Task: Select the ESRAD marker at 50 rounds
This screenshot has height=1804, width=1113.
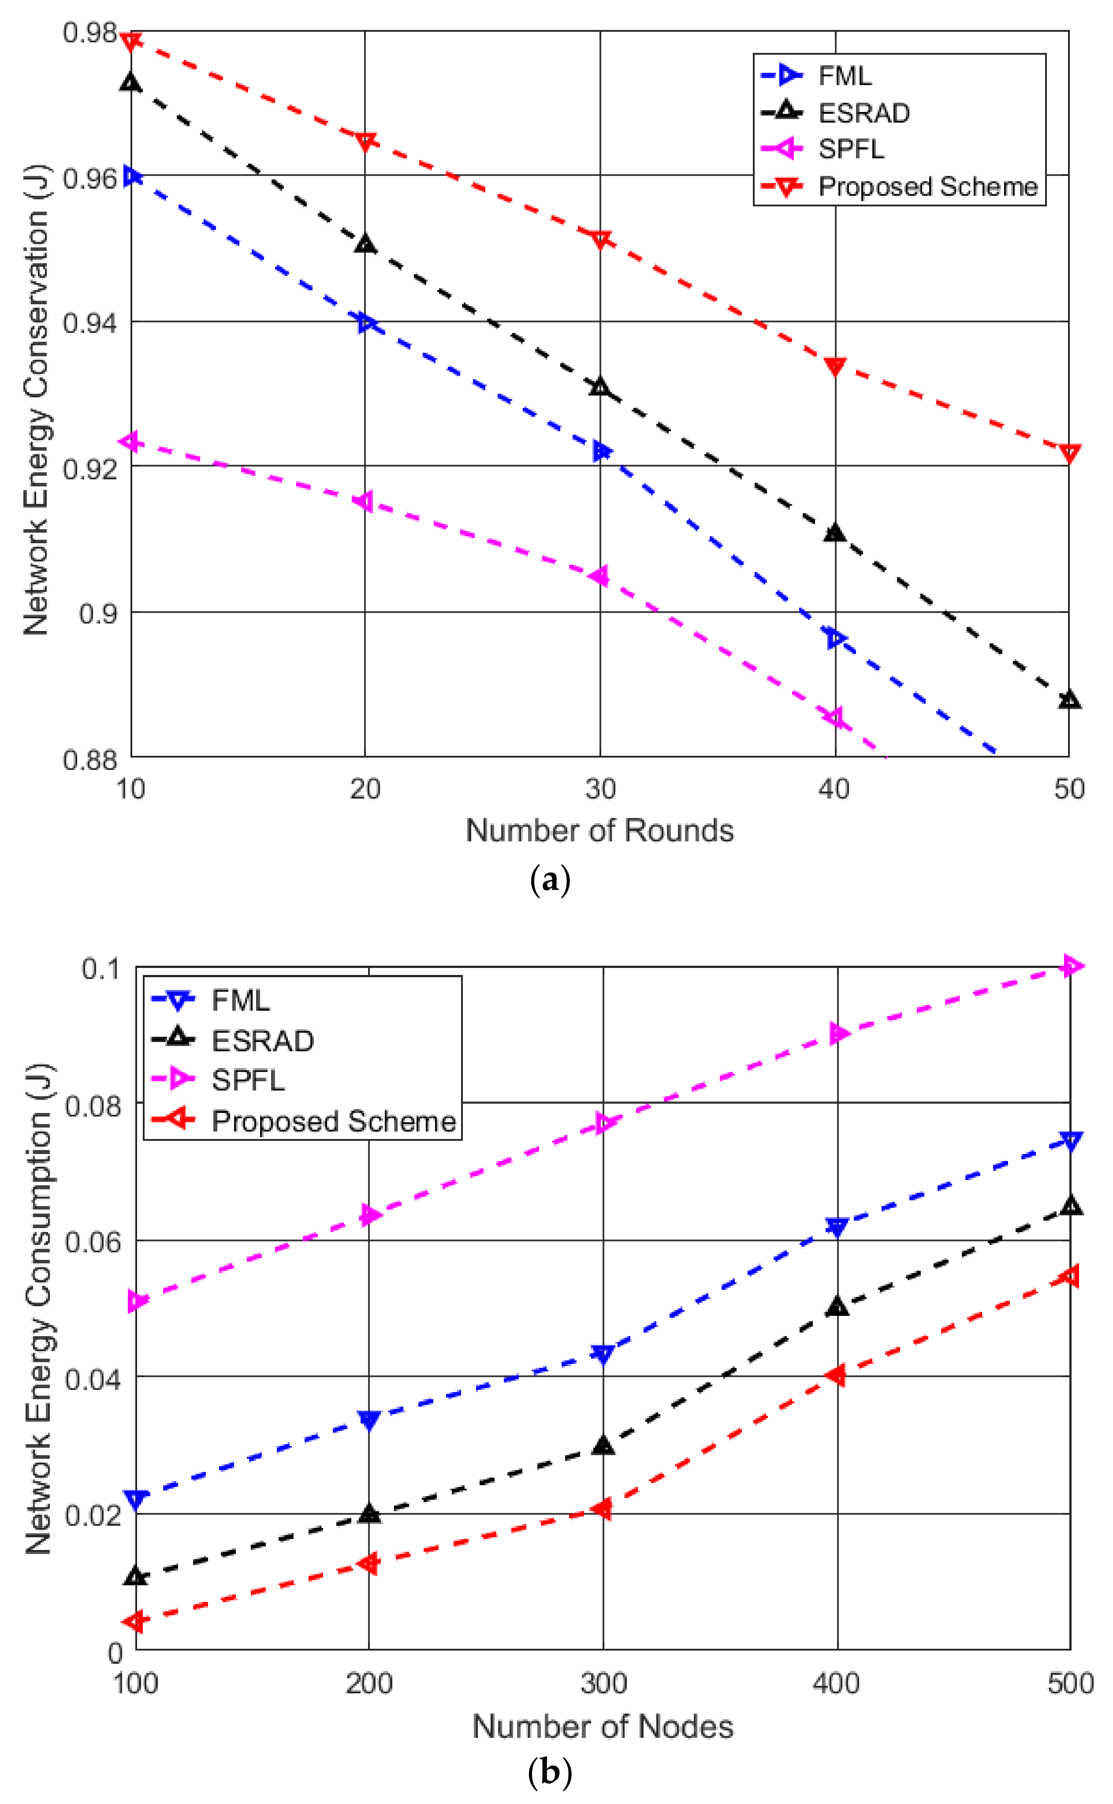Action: [x=1069, y=699]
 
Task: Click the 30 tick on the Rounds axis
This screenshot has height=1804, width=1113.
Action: [x=600, y=789]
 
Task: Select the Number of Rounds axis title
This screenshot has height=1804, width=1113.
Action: [x=600, y=831]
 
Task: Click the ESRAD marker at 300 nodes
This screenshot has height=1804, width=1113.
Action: [x=603, y=1445]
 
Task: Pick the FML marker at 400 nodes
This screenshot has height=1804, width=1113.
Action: [x=836, y=1228]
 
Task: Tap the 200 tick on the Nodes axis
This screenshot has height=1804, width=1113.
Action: [x=368, y=1683]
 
